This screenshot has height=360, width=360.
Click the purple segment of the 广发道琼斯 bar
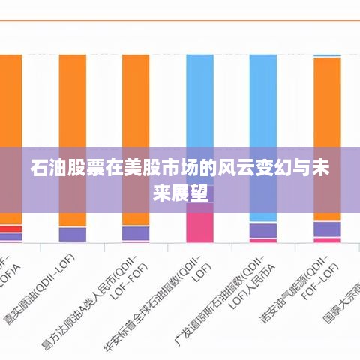tap(263, 229)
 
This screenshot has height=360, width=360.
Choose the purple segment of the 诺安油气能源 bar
tap(327, 229)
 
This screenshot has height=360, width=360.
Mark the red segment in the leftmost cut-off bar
tap(10, 229)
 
